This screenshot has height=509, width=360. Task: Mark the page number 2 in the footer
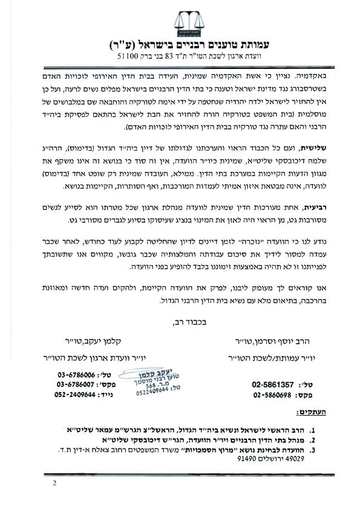(54, 483)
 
